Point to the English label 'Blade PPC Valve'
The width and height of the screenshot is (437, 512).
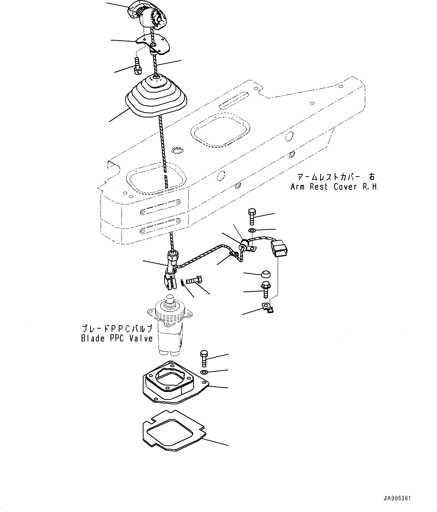click(x=117, y=338)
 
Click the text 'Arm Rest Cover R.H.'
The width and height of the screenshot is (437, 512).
click(x=334, y=187)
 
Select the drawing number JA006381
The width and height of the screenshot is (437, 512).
click(x=397, y=498)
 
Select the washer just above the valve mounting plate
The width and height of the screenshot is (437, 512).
click(x=204, y=372)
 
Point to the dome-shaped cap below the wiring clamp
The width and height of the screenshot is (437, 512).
click(x=266, y=273)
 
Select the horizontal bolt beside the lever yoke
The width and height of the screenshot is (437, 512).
click(x=195, y=280)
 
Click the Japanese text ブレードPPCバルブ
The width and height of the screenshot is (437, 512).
click(x=117, y=328)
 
